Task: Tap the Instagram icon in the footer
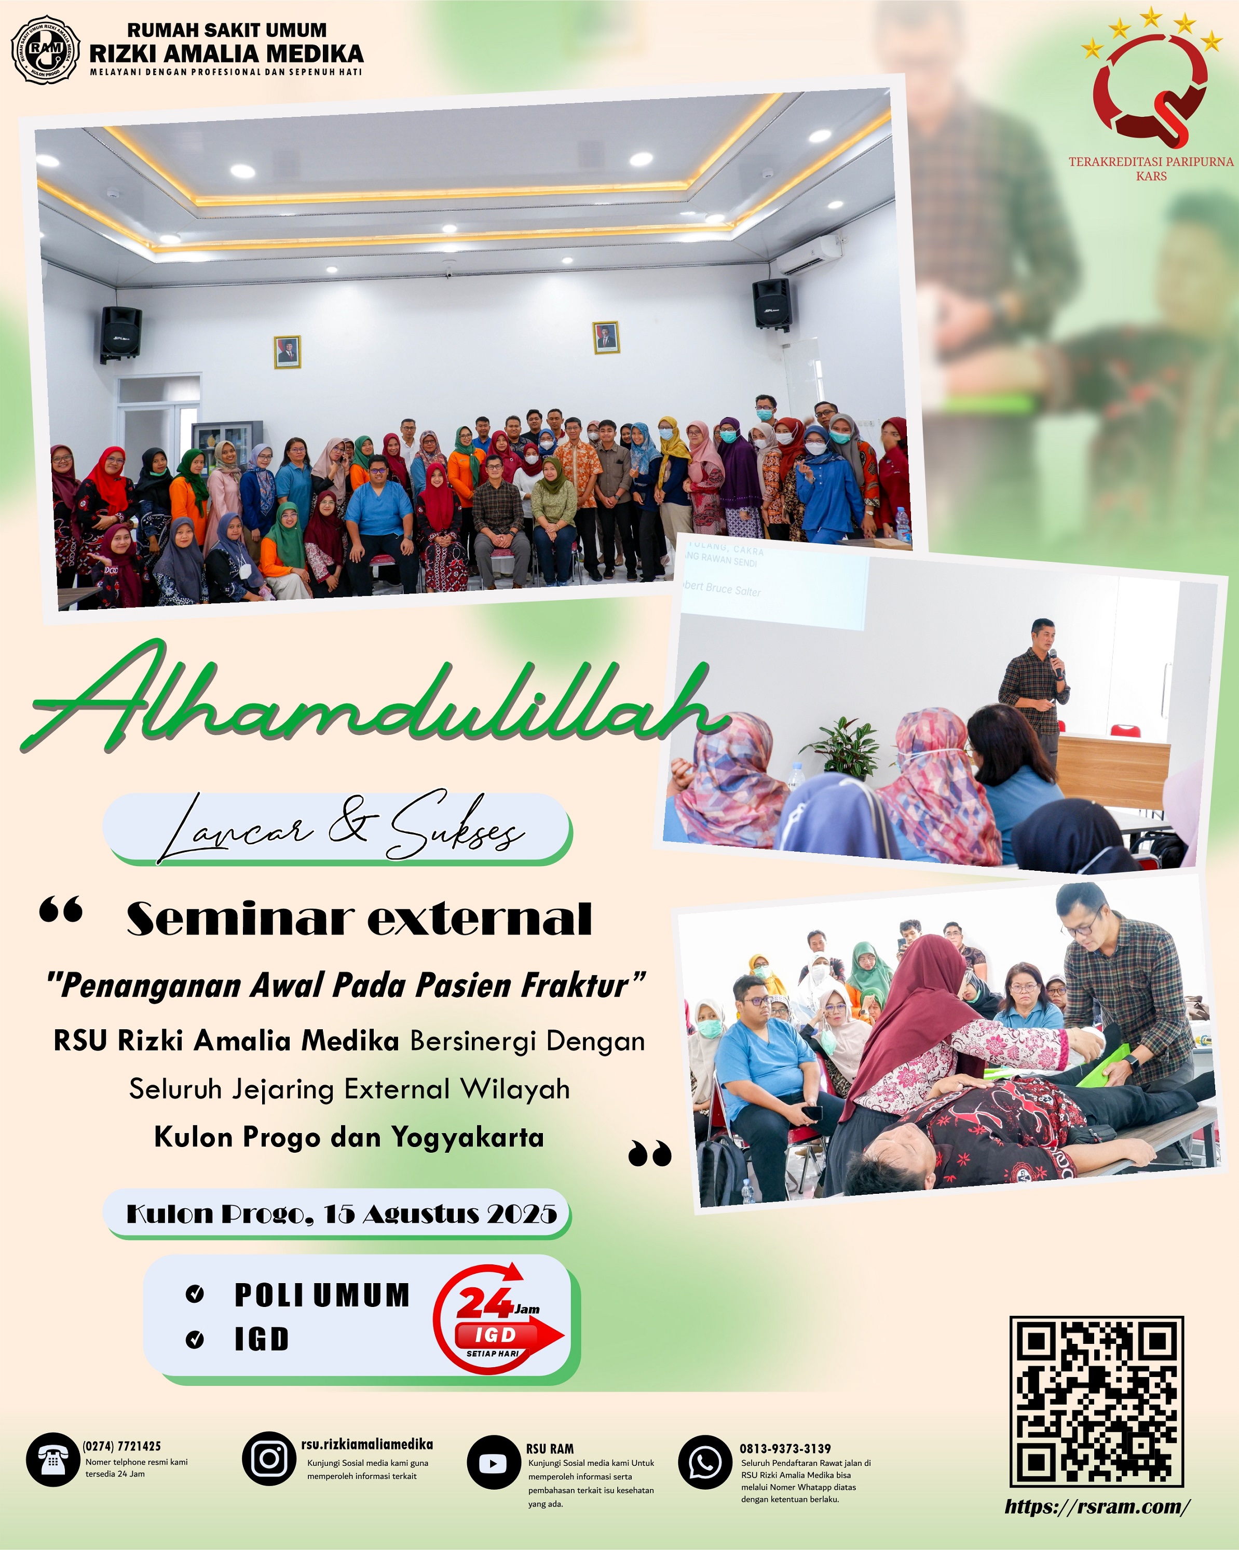click(269, 1459)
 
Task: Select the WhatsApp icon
click(705, 1462)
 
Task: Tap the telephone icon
click(52, 1460)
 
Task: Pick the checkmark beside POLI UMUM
click(195, 1295)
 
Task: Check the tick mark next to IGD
click(195, 1339)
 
